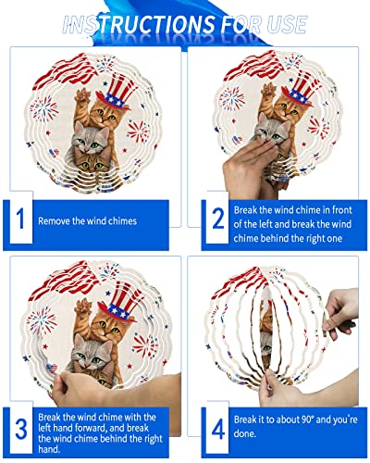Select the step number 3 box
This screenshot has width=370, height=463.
click(20, 428)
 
